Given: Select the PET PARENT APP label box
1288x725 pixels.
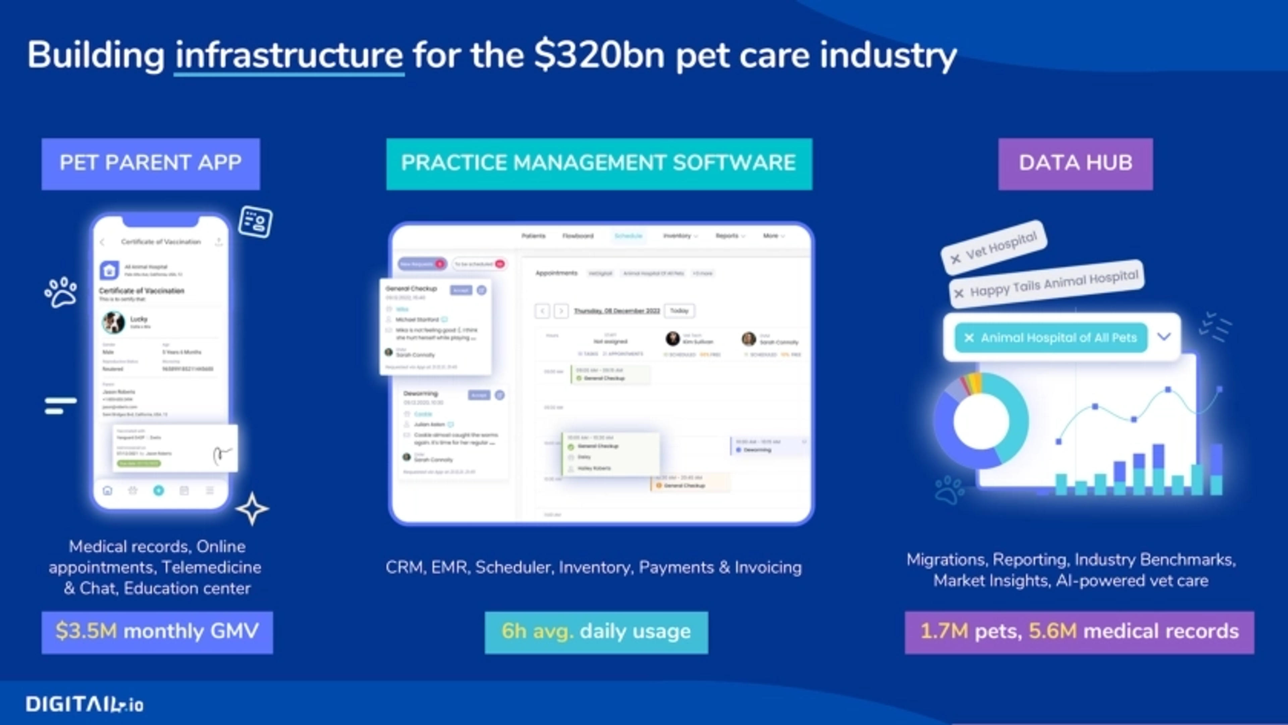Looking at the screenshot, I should pos(151,164).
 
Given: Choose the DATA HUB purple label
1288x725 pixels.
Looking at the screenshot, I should pos(1075,164).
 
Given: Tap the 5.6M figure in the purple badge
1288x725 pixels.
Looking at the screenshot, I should pos(1053,631).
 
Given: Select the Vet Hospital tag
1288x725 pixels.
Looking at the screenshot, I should pos(994,247).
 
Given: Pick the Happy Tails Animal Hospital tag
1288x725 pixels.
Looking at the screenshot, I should pos(1047,283).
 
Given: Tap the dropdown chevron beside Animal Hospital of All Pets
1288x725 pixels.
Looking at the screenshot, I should pos(1164,336).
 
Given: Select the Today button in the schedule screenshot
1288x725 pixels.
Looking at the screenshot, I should pos(679,311).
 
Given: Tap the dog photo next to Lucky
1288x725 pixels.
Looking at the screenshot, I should pos(113,322).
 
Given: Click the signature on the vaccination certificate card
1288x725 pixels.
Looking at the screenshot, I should pos(222,454).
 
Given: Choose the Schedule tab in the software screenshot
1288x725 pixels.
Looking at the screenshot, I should pos(628,235).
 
